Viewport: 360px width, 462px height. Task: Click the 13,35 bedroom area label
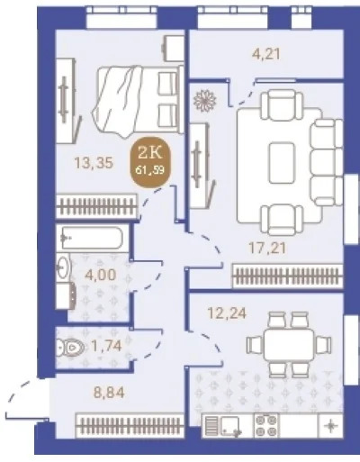tap(94, 163)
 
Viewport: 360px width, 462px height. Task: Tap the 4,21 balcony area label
tap(265, 54)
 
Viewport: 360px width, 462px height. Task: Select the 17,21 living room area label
tap(267, 248)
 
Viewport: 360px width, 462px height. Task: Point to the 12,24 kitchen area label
tap(227, 313)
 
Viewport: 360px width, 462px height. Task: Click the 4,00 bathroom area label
tap(100, 275)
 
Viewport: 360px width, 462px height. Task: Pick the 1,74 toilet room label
tap(106, 346)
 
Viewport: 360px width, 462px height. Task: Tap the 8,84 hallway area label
tap(109, 392)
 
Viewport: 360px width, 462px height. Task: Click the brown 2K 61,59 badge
tap(150, 162)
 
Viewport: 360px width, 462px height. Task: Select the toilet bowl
tap(69, 348)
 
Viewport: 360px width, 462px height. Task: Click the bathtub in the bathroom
tap(92, 238)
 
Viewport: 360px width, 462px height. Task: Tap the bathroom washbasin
tap(63, 267)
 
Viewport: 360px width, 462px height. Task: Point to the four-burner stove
tap(266, 425)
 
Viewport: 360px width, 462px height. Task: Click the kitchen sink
tap(230, 426)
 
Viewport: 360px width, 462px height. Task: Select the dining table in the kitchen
tap(289, 344)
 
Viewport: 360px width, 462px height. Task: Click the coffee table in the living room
tap(282, 163)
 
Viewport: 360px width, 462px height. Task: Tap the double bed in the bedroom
tap(138, 101)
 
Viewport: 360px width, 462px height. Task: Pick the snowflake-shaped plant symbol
tap(205, 101)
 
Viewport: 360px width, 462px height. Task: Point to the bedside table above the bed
tap(173, 48)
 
